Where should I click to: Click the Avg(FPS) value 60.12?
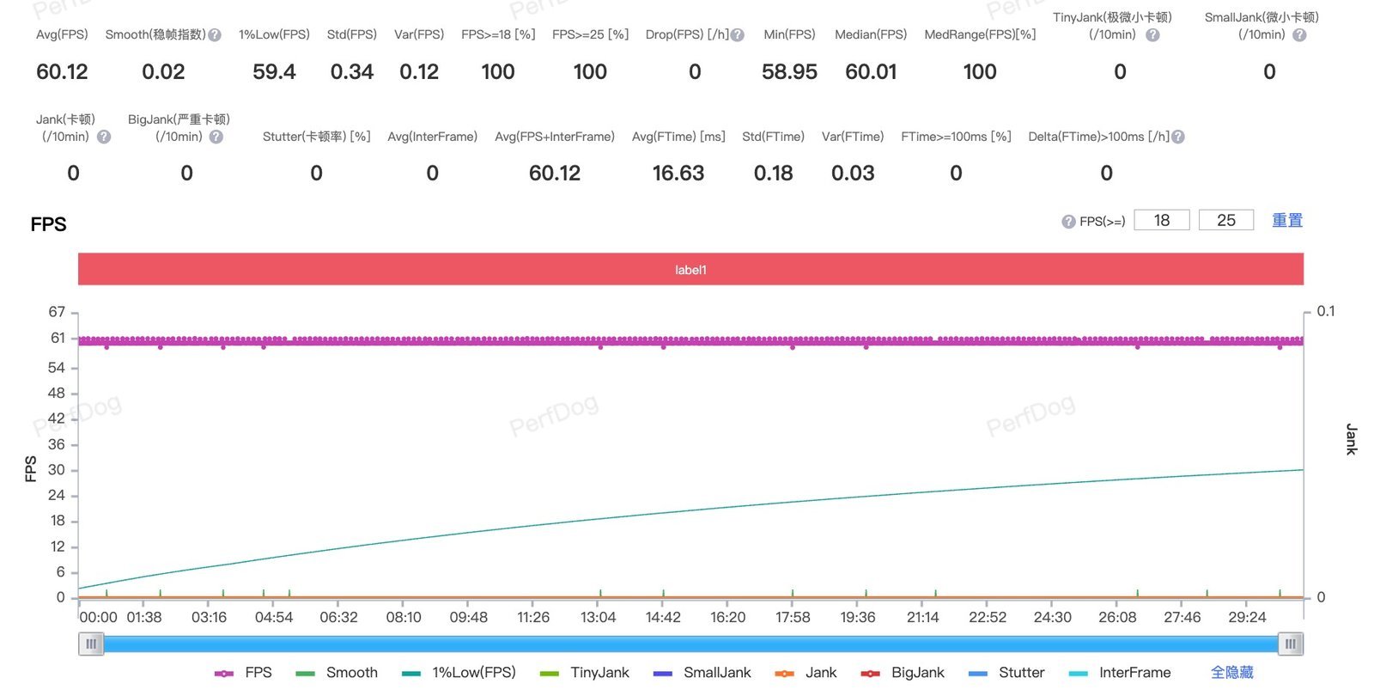pos(62,72)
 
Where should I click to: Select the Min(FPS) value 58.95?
pos(789,72)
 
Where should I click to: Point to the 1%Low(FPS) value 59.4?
pos(274,72)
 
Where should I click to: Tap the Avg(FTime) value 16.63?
pos(678,173)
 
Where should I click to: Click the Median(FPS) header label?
pos(871,34)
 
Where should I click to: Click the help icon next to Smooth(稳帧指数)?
pos(215,35)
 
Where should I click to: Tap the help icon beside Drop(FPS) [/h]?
pos(738,35)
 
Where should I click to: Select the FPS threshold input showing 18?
pos(1162,220)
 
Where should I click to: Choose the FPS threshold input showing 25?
pos(1226,220)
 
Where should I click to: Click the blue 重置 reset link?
pos(1287,220)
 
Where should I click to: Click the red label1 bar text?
pos(690,270)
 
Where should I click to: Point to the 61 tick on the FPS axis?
pos(58,339)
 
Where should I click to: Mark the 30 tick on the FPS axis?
pos(57,470)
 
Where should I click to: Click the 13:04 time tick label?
pos(598,617)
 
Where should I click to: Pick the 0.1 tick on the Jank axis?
pos(1326,311)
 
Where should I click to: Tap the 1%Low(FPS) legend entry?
pos(459,673)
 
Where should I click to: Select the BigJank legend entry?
pos(903,673)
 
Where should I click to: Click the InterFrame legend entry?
pos(1120,673)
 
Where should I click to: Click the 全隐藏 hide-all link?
pos(1231,673)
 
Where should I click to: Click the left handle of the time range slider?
pos(91,644)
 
